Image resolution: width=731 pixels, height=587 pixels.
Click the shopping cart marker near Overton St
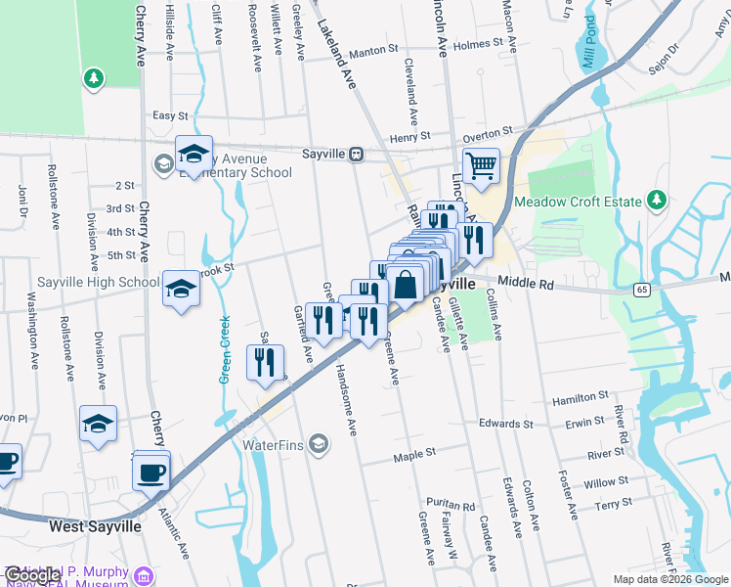pyautogui.click(x=481, y=166)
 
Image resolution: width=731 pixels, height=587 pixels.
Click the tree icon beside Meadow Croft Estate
pyautogui.click(x=658, y=201)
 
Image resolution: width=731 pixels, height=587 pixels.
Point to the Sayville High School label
pyautogui.click(x=98, y=283)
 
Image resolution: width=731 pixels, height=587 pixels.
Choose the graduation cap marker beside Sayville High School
pyautogui.click(x=181, y=289)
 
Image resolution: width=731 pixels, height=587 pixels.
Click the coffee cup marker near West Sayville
pyautogui.click(x=151, y=473)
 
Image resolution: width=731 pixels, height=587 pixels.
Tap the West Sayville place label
pyautogui.click(x=95, y=526)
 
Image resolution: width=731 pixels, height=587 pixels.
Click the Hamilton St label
pyautogui.click(x=580, y=398)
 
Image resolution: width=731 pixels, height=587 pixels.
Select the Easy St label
pyautogui.click(x=170, y=115)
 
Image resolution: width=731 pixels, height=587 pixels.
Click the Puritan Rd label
pyautogui.click(x=455, y=507)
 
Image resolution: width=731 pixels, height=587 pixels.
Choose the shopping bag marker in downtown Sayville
pyautogui.click(x=405, y=287)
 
